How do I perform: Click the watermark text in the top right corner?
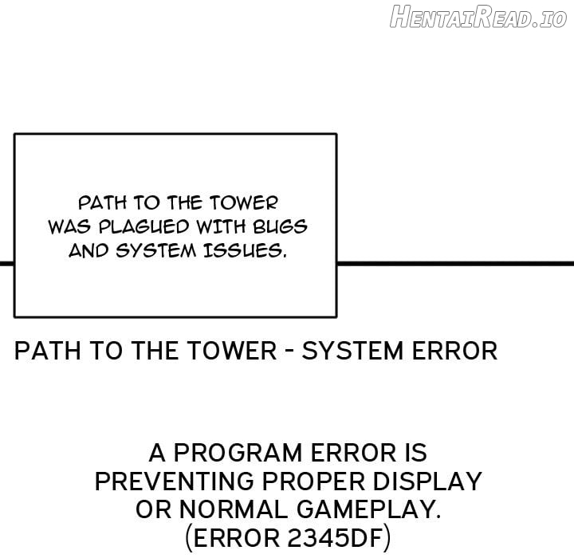tap(478, 17)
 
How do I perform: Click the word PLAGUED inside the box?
tap(143, 227)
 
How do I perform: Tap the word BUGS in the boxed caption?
tap(280, 227)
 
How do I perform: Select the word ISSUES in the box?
tap(244, 251)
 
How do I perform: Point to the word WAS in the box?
tap(69, 227)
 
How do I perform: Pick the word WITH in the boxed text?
tap(221, 227)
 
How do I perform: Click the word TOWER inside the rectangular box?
tap(244, 202)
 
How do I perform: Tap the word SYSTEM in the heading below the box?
tap(352, 351)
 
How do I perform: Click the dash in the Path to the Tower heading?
tap(289, 351)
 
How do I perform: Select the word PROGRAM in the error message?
tap(238, 453)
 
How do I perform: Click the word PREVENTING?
tap(175, 481)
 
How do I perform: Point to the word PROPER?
tap(314, 481)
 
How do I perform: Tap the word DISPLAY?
tap(427, 481)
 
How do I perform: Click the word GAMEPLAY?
tap(368, 509)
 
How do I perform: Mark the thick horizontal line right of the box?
tap(455, 263)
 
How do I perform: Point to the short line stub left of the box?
tap(7, 263)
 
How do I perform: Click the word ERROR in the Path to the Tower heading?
tap(454, 351)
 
